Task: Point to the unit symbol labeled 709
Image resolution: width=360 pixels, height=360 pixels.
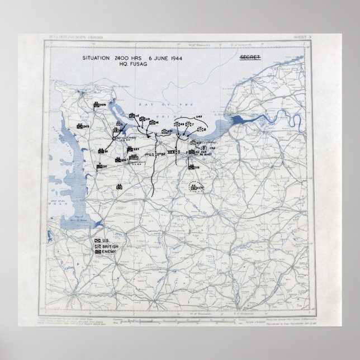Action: pos(101,105)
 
